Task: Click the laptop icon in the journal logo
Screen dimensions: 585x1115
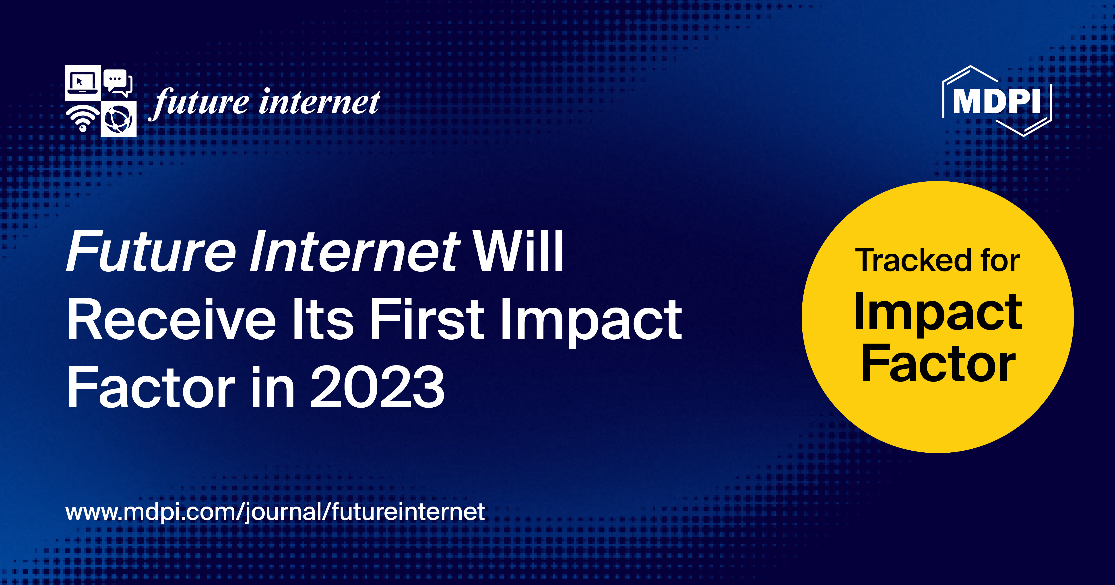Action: coord(82,82)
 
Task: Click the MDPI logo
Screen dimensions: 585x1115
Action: coord(996,101)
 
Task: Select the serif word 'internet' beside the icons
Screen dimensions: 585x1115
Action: coord(319,103)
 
